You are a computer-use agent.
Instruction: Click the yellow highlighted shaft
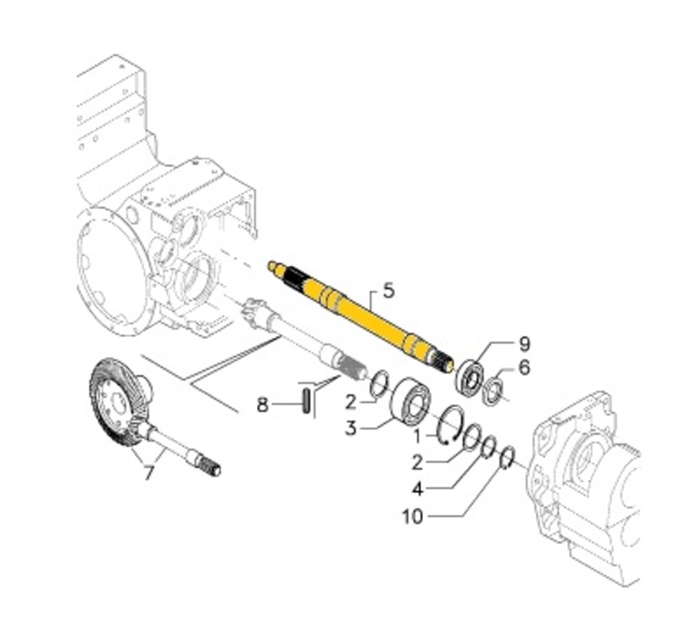pos(362,311)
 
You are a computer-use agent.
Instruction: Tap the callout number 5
pos(388,291)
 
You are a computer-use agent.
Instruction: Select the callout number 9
pos(524,343)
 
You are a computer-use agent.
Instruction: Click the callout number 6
pos(524,367)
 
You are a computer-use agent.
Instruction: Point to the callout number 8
pos(263,405)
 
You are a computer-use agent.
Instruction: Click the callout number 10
pos(412,516)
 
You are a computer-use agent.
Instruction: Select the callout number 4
pos(418,487)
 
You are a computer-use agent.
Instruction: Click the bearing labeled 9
pos(469,376)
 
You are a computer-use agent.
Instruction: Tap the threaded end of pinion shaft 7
pos(209,466)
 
